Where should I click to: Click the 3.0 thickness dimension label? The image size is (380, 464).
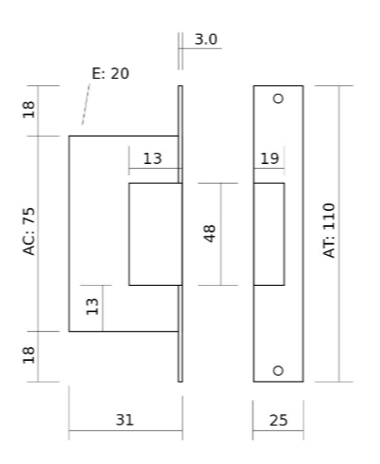coord(205,39)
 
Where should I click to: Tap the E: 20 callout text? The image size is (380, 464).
coord(111,73)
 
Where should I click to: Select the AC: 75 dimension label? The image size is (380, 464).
coord(29,232)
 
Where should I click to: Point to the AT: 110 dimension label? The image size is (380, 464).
coord(328,231)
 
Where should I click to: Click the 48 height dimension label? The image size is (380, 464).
coord(209,233)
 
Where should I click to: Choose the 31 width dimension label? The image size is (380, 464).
coord(125,420)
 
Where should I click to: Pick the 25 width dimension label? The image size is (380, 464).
coord(279,420)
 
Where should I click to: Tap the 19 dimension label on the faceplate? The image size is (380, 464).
coord(269,158)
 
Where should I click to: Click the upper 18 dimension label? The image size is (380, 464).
coord(29,110)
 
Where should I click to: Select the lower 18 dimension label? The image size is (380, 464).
coord(29,355)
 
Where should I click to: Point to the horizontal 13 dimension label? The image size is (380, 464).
coord(153,158)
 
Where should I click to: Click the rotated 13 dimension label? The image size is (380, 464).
coord(92,307)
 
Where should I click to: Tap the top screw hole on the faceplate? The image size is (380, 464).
coord(278,98)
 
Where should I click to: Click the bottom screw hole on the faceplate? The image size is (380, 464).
coord(278,370)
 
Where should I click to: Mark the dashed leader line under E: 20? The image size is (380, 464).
coord(86,104)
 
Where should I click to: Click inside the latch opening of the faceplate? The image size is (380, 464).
coord(269,234)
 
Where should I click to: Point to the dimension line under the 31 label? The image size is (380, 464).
coord(126,430)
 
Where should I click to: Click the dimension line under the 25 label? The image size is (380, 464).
coord(278,430)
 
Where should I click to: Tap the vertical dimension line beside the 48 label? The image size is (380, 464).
coord(220,234)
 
